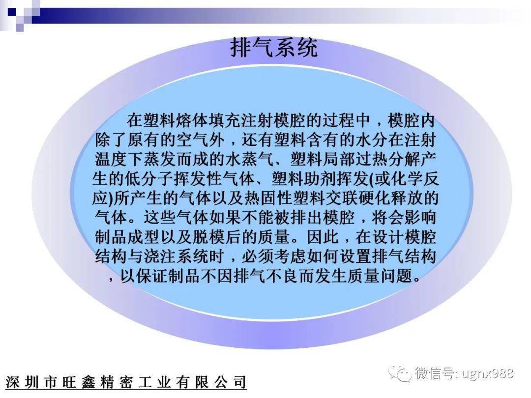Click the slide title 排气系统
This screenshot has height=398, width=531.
274,48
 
